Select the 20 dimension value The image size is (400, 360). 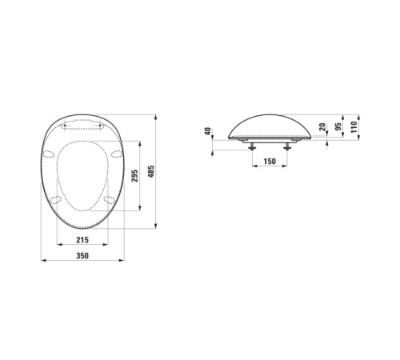tap(322, 128)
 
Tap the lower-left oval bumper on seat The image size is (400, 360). tap(57, 200)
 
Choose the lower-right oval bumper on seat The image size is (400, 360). tap(108, 200)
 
